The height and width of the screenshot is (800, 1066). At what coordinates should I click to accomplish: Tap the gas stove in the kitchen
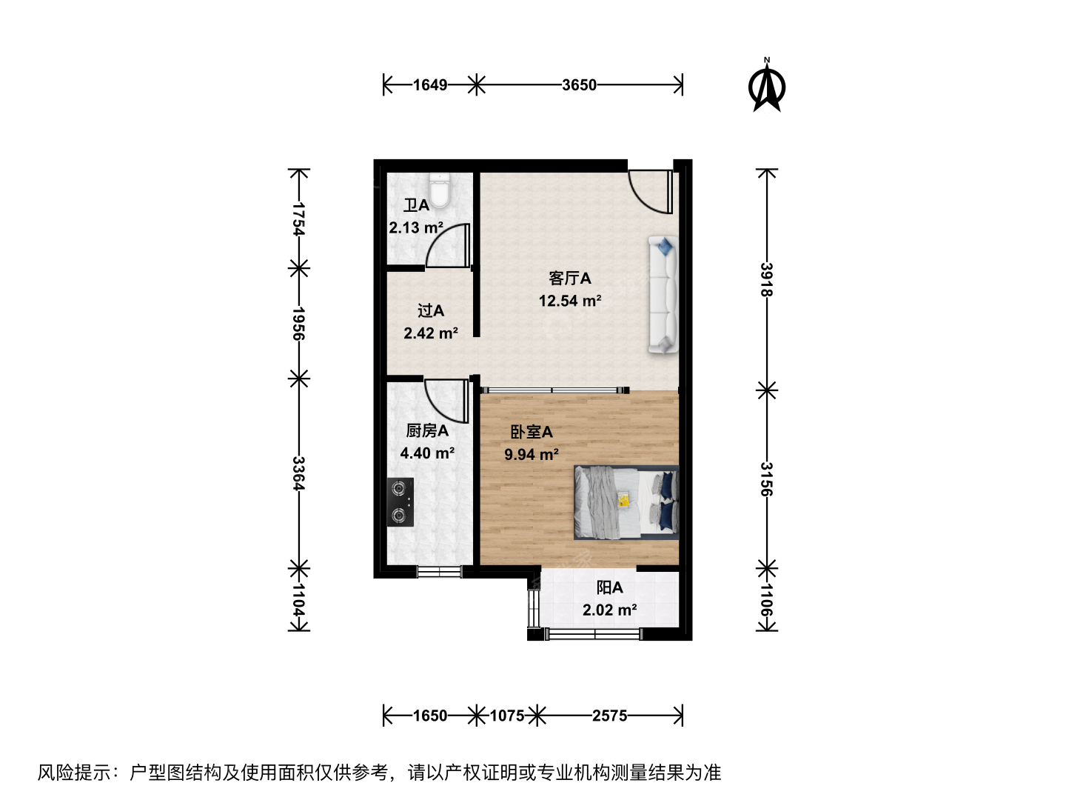click(400, 501)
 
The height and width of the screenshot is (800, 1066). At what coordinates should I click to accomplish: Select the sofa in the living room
click(663, 294)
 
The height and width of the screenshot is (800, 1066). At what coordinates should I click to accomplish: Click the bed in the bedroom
click(626, 502)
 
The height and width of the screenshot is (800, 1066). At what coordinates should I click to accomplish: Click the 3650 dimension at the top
click(579, 85)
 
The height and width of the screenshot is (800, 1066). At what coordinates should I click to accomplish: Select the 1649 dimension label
click(430, 85)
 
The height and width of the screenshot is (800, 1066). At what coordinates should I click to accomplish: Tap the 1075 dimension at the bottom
click(506, 716)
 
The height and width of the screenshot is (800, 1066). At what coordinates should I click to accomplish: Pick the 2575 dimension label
click(609, 716)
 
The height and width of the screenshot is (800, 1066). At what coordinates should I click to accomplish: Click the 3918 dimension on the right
click(767, 279)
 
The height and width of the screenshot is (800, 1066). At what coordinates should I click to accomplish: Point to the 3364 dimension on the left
click(298, 473)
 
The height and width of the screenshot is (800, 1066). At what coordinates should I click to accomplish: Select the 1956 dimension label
click(298, 323)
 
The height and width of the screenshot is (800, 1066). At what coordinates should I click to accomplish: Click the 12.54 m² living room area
click(570, 301)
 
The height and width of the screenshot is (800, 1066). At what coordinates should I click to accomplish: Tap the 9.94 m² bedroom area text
click(532, 454)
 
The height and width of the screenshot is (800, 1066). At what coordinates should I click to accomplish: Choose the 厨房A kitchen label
click(427, 430)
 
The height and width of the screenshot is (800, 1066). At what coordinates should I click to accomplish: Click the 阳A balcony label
click(609, 587)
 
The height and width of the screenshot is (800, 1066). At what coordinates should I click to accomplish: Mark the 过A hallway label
click(431, 310)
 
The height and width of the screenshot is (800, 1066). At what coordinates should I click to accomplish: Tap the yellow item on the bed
click(623, 500)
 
